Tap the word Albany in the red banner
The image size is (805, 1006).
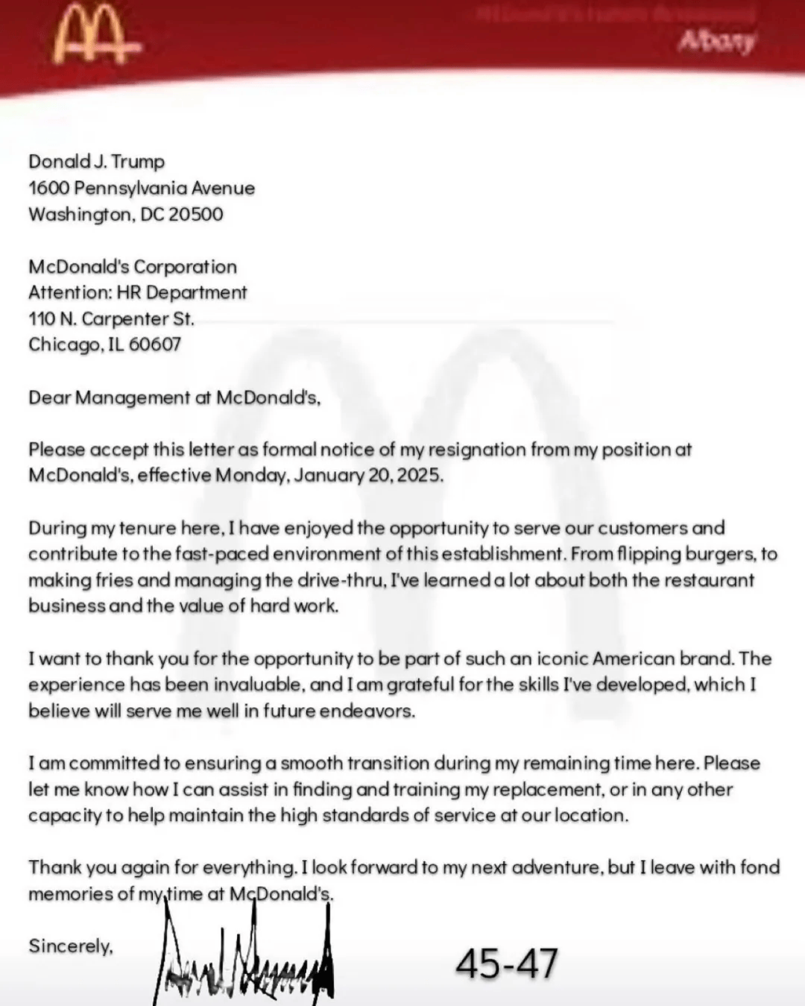(x=716, y=41)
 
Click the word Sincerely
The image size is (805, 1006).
(x=70, y=946)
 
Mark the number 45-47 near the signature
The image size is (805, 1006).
(x=507, y=963)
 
